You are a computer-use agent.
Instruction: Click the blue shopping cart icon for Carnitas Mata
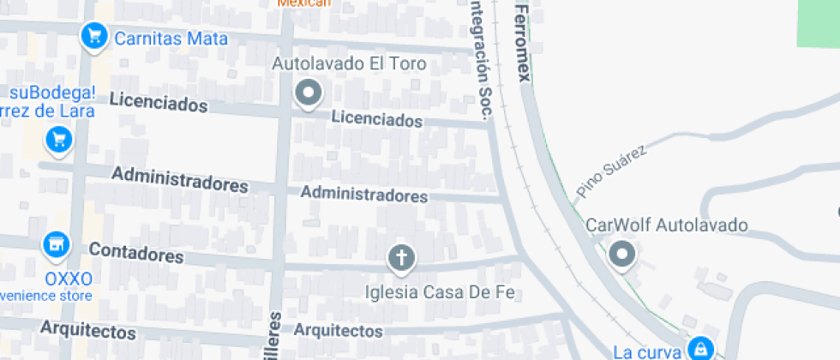(93, 37)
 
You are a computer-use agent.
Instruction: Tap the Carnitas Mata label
(171, 39)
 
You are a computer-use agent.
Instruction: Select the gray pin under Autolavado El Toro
(308, 92)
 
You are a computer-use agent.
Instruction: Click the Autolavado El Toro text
(349, 64)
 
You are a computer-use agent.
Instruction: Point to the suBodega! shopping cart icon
(58, 139)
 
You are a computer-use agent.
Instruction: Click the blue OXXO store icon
(57, 244)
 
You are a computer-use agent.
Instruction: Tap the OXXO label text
(68, 279)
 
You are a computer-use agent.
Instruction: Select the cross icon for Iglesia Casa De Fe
(400, 256)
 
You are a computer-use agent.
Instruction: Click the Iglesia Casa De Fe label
(439, 292)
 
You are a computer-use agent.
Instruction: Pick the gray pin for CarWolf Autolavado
(621, 255)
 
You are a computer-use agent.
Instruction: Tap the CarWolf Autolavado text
(666, 225)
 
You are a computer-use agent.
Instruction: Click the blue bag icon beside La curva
(700, 347)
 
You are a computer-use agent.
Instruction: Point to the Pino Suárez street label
(611, 171)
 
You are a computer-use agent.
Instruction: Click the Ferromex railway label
(521, 41)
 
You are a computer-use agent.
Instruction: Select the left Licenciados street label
(159, 104)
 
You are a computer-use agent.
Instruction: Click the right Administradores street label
(363, 195)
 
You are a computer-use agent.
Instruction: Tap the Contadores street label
(136, 254)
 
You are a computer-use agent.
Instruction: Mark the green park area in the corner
(819, 22)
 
